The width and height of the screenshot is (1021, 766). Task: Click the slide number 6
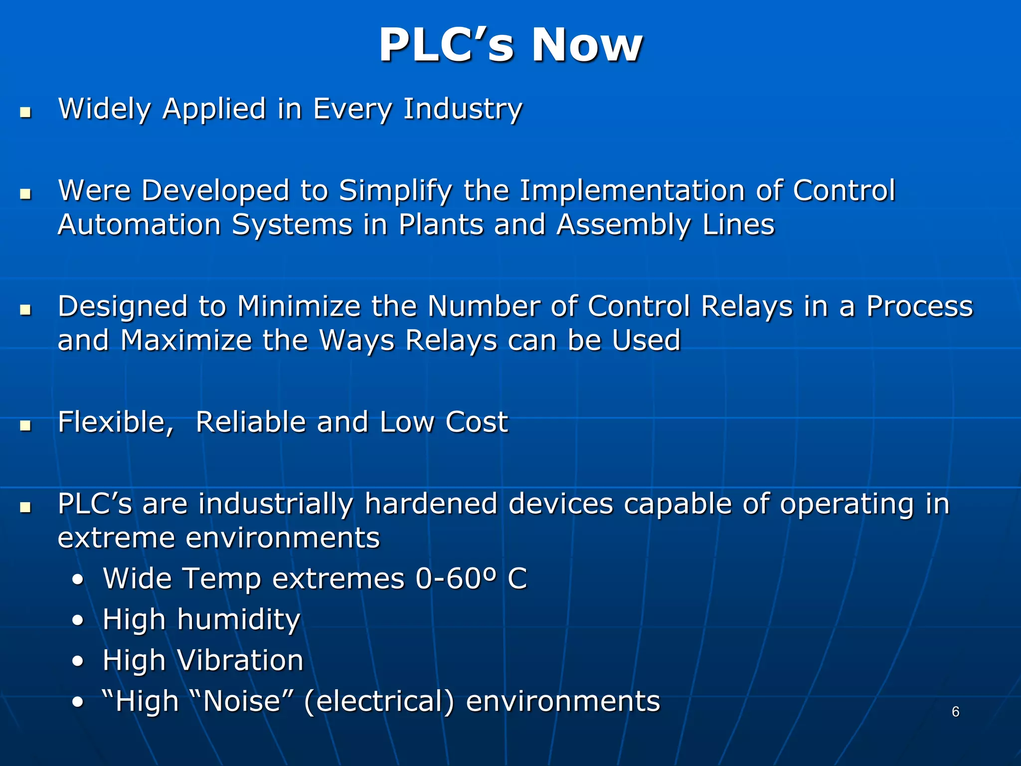[x=955, y=712]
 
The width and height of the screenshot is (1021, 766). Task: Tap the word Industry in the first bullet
[x=463, y=109]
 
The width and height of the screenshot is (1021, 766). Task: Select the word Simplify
[x=395, y=191]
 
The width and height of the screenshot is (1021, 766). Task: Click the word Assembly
[x=623, y=225]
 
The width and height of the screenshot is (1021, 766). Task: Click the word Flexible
[x=115, y=422]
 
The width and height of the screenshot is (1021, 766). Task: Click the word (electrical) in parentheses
[x=379, y=702]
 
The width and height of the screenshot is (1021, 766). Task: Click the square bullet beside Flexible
[x=25, y=425]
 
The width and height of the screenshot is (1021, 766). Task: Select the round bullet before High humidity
[x=78, y=621]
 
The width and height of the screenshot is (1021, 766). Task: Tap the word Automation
[x=139, y=225]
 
